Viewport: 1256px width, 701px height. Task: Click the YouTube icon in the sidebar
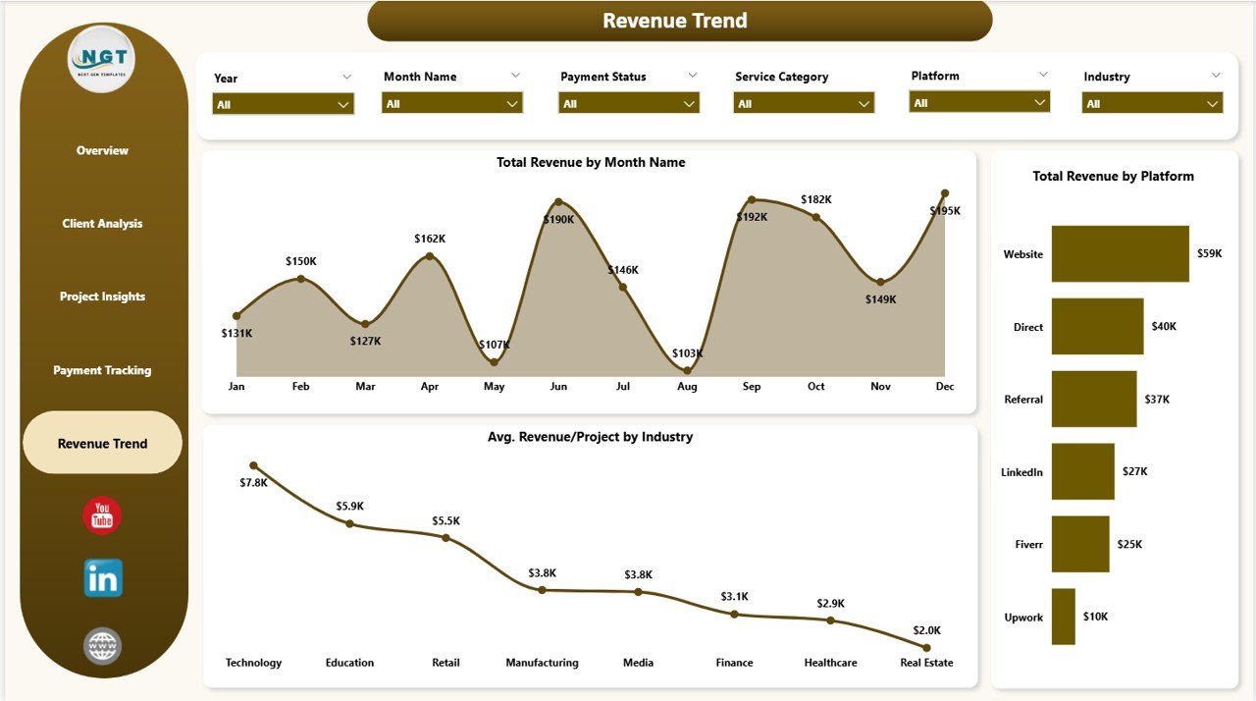click(102, 515)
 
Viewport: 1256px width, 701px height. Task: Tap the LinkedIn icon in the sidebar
click(103, 578)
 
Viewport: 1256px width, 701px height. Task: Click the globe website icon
click(103, 646)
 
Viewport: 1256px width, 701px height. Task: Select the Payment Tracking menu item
click(102, 370)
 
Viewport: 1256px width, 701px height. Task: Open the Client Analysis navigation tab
click(102, 224)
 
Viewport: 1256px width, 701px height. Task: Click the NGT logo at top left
click(102, 60)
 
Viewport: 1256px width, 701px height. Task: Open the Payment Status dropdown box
click(628, 103)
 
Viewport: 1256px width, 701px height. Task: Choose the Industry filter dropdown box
click(1152, 103)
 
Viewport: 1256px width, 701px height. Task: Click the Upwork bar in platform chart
click(1063, 617)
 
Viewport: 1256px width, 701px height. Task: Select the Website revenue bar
click(1120, 254)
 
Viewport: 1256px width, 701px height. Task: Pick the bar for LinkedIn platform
click(1082, 471)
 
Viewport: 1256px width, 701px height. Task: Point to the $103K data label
click(687, 352)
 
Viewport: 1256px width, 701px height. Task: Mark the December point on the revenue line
click(945, 193)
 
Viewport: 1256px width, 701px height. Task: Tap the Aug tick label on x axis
click(687, 387)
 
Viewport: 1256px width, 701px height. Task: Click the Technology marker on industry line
click(254, 465)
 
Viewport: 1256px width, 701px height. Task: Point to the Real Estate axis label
click(926, 663)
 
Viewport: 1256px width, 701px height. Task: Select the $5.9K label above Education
click(349, 506)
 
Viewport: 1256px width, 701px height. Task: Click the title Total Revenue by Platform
click(1113, 177)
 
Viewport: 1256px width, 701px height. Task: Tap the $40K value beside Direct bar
click(1164, 327)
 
